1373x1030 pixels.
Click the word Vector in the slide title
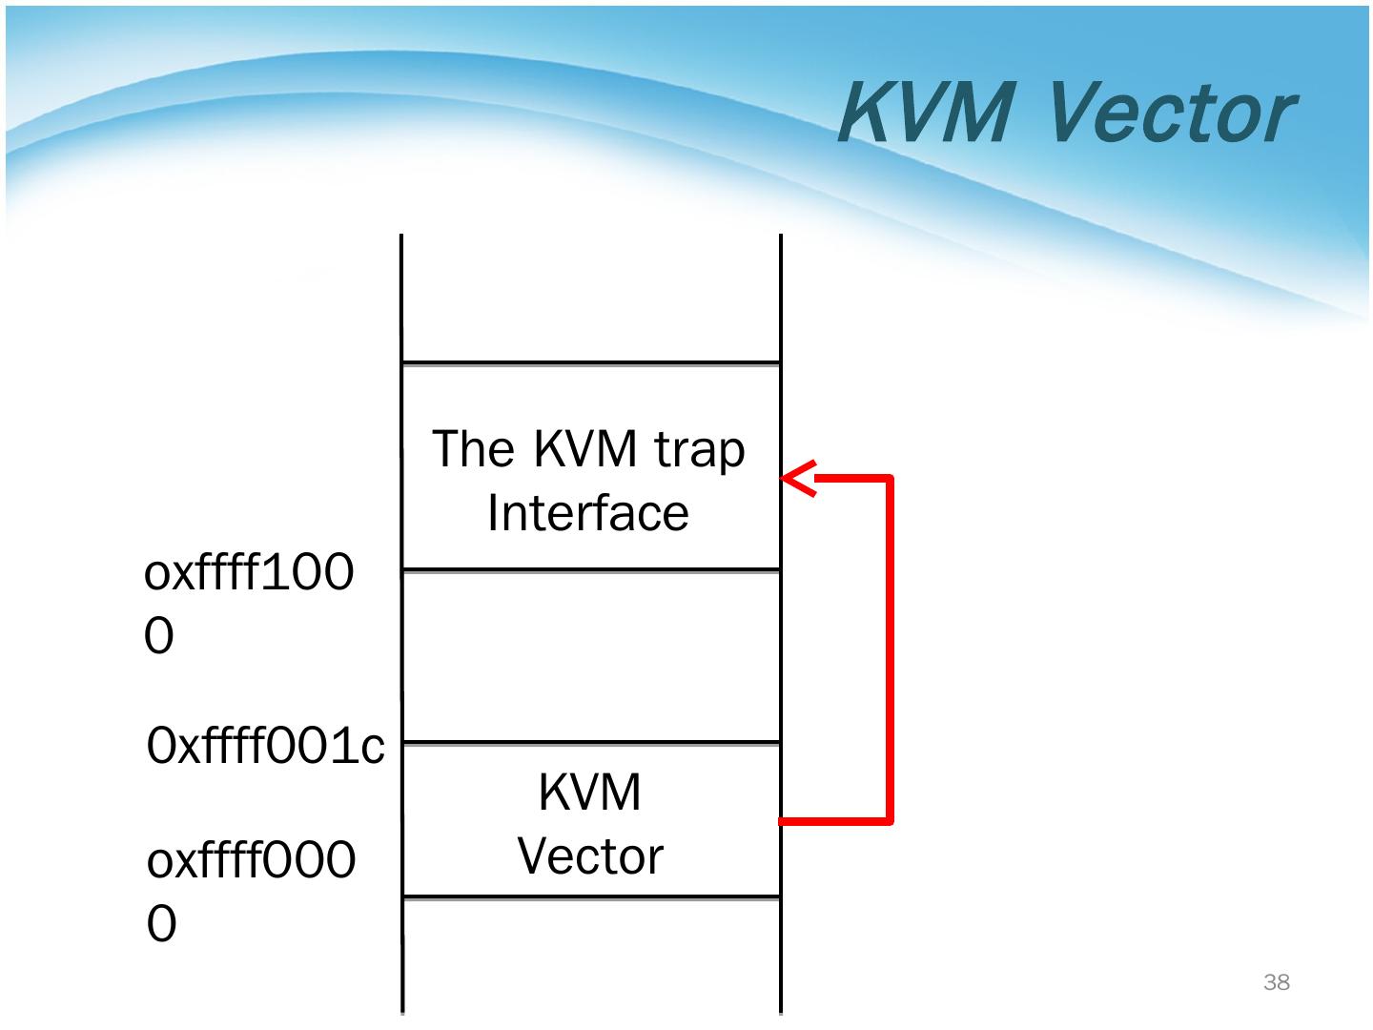(1172, 113)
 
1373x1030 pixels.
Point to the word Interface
(588, 513)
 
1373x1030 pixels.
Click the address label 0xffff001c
(266, 747)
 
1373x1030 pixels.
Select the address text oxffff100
(249, 574)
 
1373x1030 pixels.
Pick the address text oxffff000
(252, 861)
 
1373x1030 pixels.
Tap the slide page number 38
(1276, 982)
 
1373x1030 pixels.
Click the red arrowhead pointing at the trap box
(799, 478)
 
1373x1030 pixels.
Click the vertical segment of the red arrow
(889, 649)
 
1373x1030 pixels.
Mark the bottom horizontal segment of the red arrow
(834, 820)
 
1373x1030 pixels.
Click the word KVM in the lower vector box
(590, 793)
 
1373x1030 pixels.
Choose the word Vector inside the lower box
(590, 856)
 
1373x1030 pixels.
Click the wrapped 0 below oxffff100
(159, 636)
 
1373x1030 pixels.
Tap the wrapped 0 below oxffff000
(162, 924)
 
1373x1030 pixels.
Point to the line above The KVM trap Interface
(591, 363)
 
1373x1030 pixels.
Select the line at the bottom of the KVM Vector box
(591, 896)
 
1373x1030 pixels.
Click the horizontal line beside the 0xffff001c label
(591, 742)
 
